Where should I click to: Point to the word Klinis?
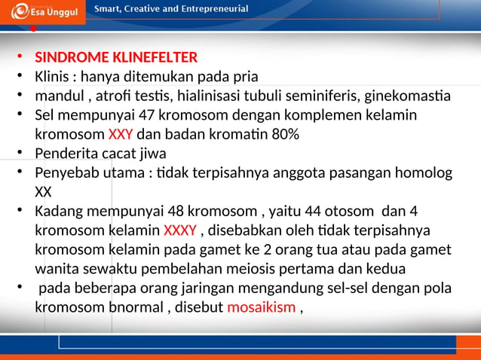(x=54, y=77)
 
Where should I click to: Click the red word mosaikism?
(x=261, y=307)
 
